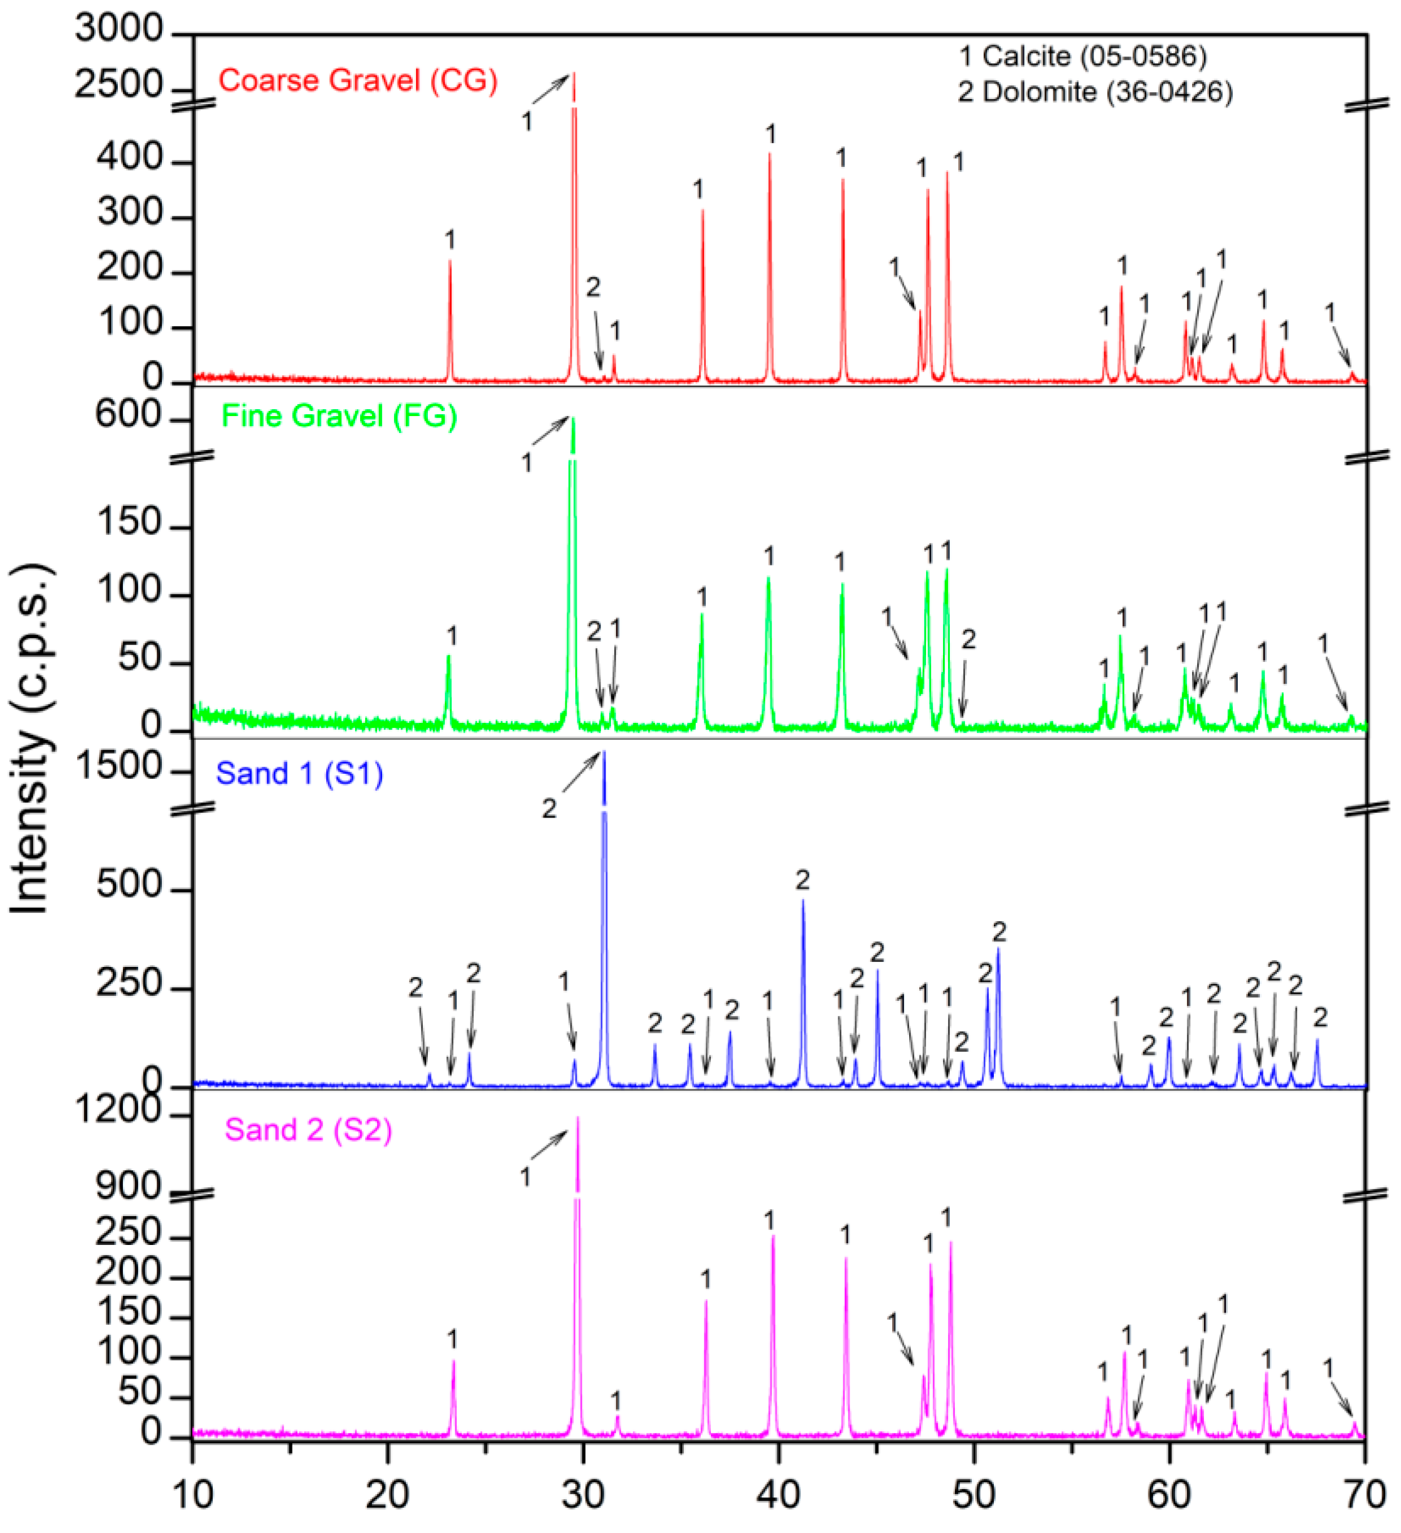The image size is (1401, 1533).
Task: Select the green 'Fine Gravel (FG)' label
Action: (339, 416)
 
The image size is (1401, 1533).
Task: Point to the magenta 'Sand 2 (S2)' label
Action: (309, 1130)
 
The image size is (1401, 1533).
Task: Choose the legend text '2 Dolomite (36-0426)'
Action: (1095, 92)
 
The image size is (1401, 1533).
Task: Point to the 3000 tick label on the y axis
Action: (119, 29)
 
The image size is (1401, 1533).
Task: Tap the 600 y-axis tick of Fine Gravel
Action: (129, 415)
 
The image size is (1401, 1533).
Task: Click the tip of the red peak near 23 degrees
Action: (450, 261)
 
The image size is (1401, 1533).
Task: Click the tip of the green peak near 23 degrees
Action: (449, 656)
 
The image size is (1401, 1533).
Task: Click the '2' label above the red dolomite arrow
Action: (593, 287)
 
